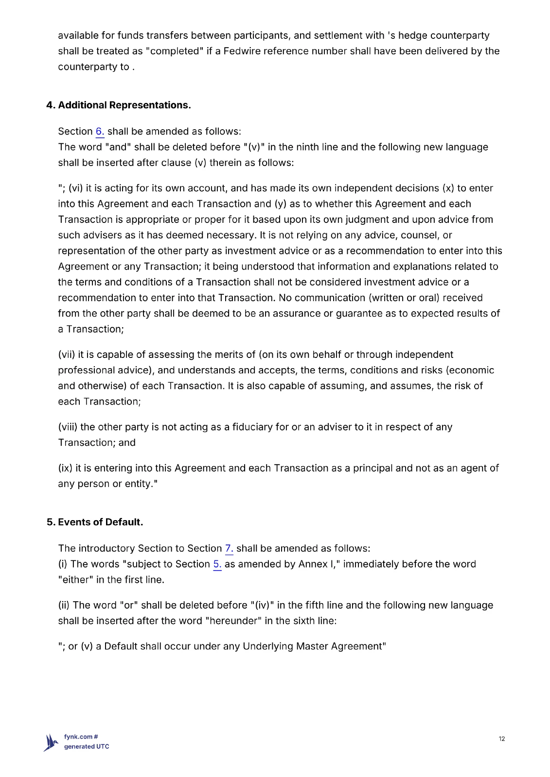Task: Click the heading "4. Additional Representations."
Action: pos(118,105)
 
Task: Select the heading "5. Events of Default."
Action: pos(95,522)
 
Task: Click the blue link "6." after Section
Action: pos(100,132)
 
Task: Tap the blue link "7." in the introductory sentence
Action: pos(229,549)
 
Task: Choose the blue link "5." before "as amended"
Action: pos(217,564)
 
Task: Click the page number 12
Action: pos(502,739)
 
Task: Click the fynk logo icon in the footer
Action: pos(51,743)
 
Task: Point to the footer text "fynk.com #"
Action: pos(81,737)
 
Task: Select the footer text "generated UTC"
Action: pos(87,747)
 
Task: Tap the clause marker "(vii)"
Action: pos(67,355)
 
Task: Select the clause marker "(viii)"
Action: pos(68,427)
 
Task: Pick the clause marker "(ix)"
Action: pos(65,468)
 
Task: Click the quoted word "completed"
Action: pos(175,51)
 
